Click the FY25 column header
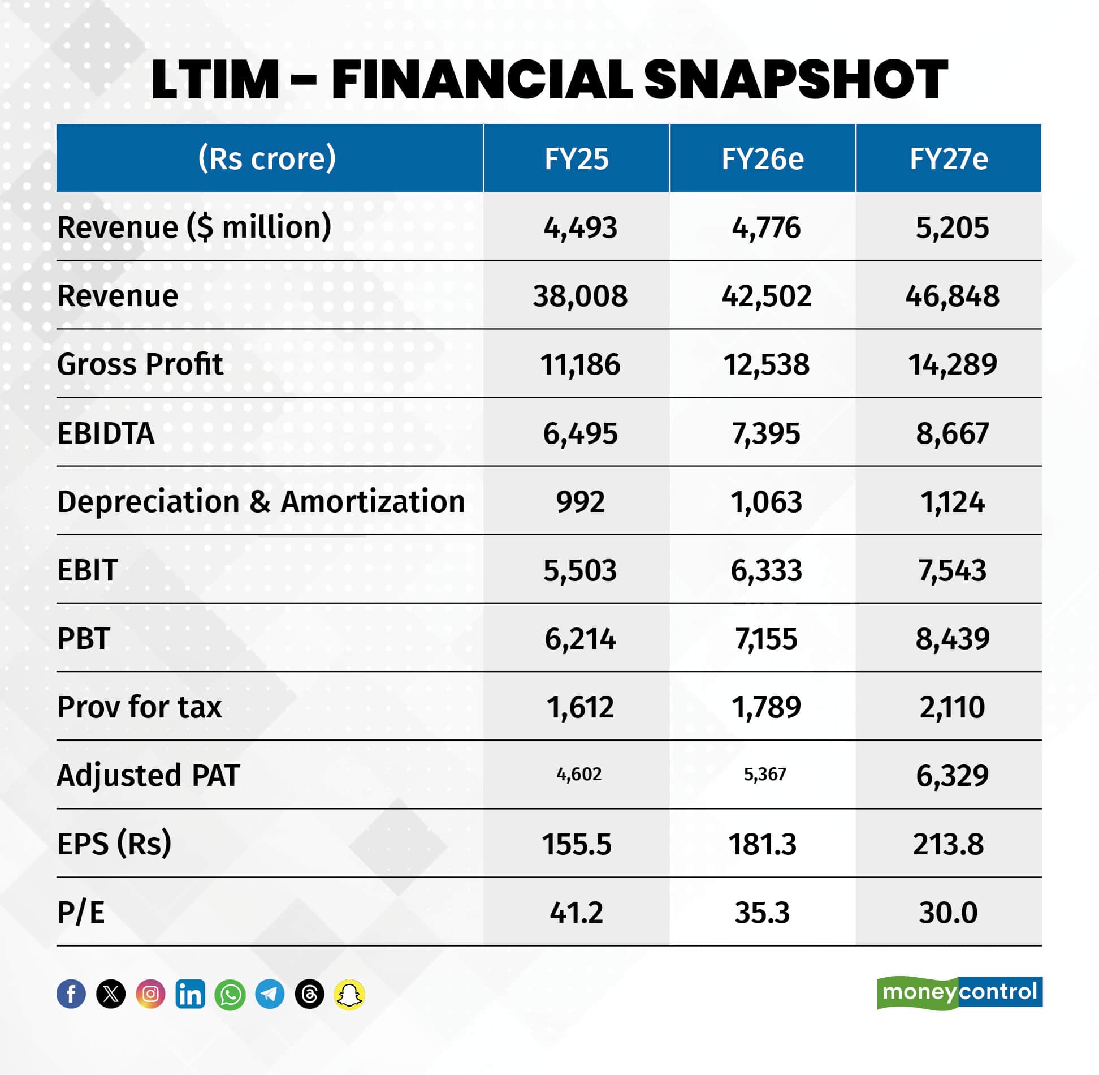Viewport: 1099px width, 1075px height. [x=576, y=158]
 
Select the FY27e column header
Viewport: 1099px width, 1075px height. [x=948, y=158]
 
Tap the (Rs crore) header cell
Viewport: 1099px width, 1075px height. [x=267, y=158]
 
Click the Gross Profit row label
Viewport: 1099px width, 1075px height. [x=140, y=364]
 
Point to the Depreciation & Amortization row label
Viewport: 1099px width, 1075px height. [x=261, y=501]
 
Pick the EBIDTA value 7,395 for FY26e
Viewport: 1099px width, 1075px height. [x=765, y=433]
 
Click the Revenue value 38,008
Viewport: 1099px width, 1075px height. [x=579, y=296]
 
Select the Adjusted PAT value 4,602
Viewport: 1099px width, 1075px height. [x=579, y=774]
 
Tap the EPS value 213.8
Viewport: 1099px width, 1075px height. [x=948, y=844]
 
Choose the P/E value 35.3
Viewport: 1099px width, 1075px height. [x=762, y=913]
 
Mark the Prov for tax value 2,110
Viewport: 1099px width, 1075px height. [x=952, y=707]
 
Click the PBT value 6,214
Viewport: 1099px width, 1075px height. [x=579, y=639]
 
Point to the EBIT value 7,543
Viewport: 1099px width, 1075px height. [x=952, y=570]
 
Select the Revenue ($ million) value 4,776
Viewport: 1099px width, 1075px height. [x=765, y=227]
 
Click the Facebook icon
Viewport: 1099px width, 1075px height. [x=71, y=994]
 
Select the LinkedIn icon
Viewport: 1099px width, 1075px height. [x=191, y=994]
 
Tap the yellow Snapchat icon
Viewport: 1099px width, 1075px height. [x=349, y=994]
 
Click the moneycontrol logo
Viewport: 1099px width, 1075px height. [x=959, y=992]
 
